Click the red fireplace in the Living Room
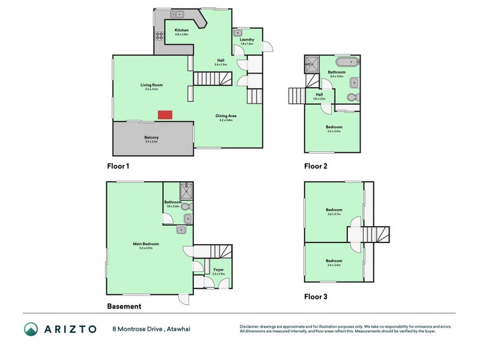tap(164, 115)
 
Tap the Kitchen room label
tap(181, 30)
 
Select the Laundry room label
tap(247, 40)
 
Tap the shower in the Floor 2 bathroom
tap(311, 63)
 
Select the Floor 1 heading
tap(118, 166)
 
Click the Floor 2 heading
tap(316, 166)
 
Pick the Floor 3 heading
tap(316, 296)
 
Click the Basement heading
tap(124, 306)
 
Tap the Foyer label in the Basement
tap(218, 270)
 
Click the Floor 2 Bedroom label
tap(334, 127)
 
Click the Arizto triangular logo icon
tap(31, 329)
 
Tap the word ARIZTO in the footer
tap(70, 329)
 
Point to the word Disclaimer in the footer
tap(249, 326)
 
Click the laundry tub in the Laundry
tap(237, 34)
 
